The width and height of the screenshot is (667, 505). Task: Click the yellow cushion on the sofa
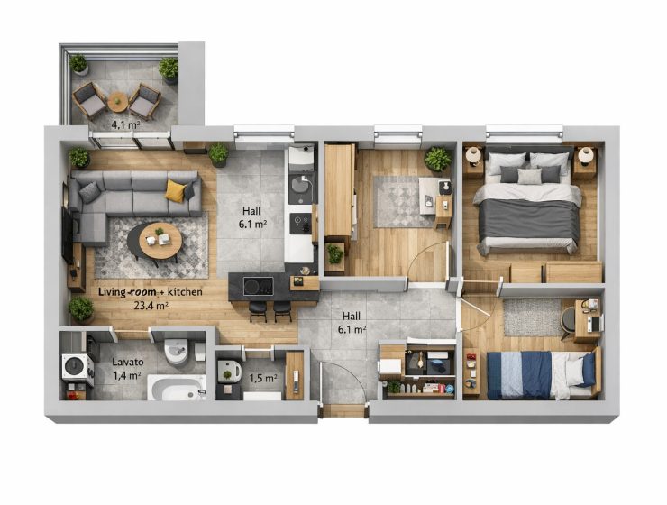pos(176,189)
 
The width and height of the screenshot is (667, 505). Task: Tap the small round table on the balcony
pos(117,102)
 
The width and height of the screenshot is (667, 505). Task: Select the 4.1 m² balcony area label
pos(125,125)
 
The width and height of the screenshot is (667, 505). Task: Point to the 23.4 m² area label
pos(151,306)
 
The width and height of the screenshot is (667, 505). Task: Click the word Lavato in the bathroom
pos(128,362)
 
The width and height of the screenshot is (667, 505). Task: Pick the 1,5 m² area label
pos(263,378)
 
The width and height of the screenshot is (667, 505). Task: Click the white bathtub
pos(177,388)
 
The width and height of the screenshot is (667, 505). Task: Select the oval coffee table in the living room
pos(154,242)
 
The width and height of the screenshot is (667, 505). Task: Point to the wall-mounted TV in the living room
pos(67,234)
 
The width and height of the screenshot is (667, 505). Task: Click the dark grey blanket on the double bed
pos(529,220)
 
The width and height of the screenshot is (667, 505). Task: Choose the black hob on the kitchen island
pos(258,286)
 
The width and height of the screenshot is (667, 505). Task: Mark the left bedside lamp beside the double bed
pos(472,155)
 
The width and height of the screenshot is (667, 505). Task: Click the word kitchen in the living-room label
pos(185,292)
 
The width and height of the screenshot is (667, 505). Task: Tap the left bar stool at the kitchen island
pos(258,311)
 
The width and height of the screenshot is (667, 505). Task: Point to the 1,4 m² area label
pos(127,375)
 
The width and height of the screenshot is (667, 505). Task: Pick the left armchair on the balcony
pos(89,101)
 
